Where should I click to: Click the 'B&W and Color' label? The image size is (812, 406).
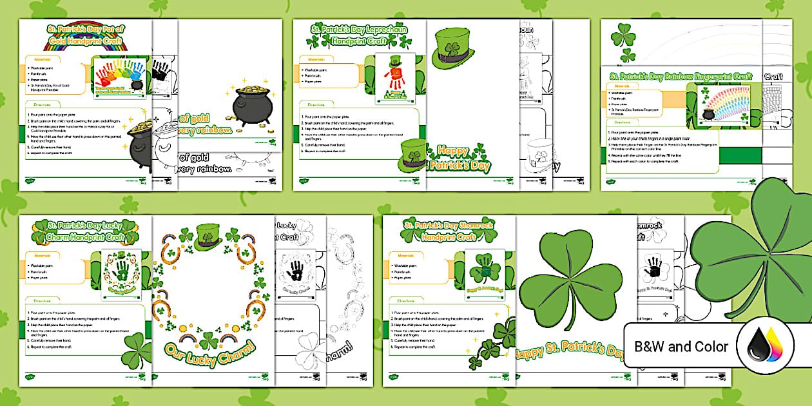coord(681,347)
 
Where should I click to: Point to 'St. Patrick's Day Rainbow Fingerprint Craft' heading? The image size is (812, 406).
coord(681,77)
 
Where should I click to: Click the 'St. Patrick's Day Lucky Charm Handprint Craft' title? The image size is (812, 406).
coord(84,231)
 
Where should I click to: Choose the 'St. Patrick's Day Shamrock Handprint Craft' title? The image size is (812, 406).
coord(448,230)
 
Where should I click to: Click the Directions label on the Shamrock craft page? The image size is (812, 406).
coord(406,300)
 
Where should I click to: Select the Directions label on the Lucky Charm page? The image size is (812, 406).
coord(41,300)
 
